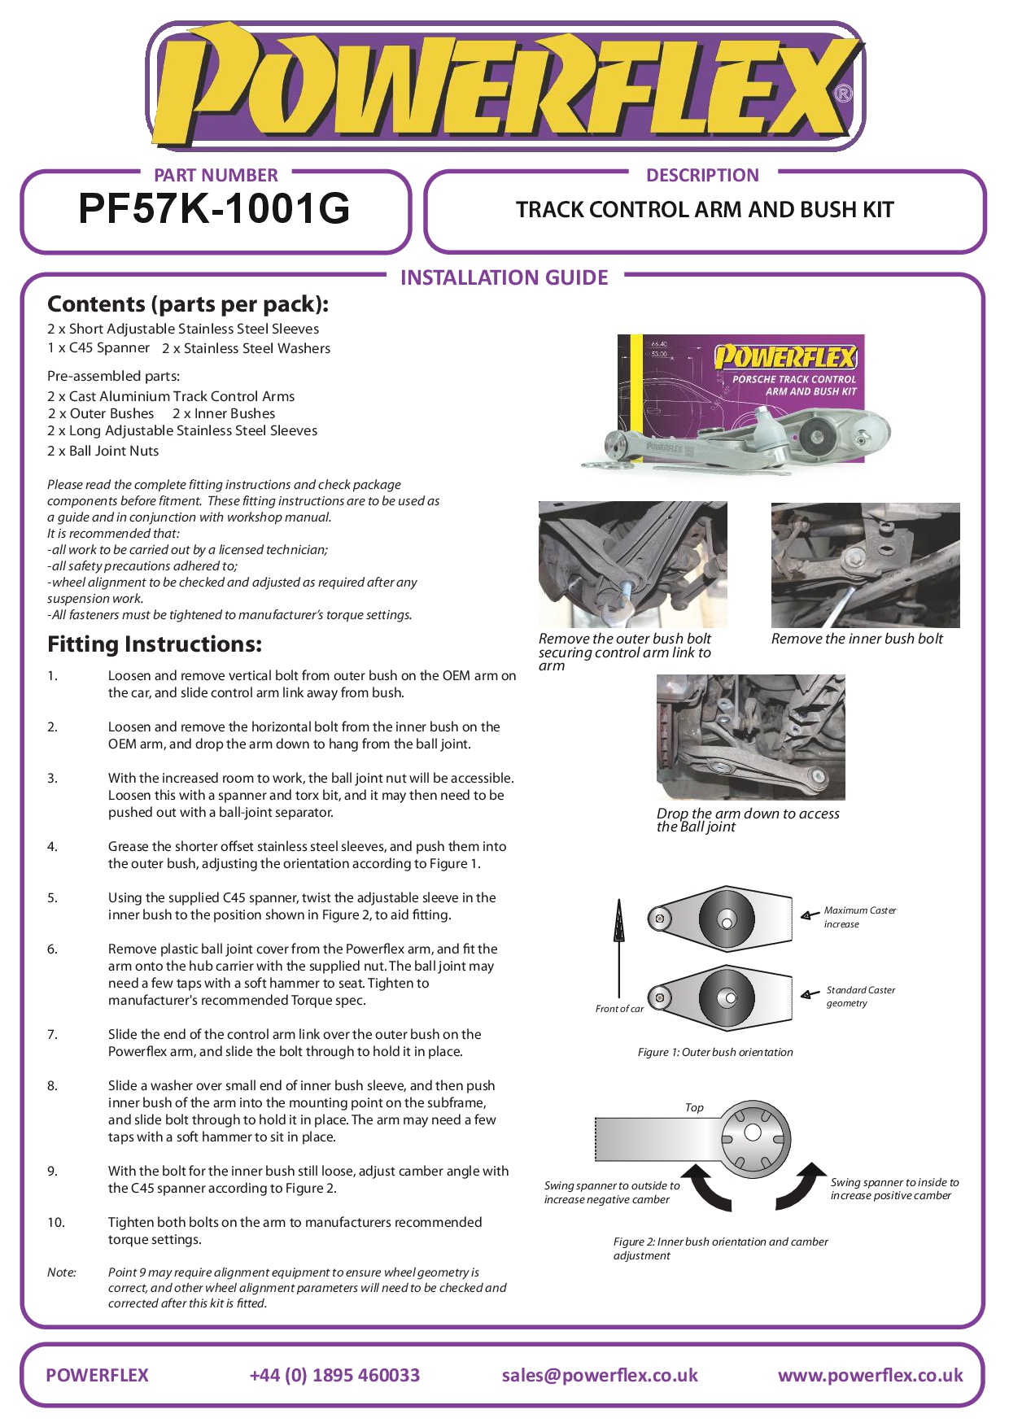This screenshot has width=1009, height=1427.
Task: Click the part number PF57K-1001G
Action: (214, 209)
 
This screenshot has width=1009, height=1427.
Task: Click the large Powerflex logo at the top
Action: (504, 86)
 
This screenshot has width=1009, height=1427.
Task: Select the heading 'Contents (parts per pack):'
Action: (188, 304)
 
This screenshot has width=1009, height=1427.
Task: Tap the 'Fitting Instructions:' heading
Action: (155, 644)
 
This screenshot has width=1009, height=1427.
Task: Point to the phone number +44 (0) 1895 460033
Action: (334, 1375)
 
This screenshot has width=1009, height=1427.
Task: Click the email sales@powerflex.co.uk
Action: (600, 1375)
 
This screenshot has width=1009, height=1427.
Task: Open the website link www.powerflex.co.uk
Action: (870, 1375)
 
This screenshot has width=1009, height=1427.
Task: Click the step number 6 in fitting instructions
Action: (52, 949)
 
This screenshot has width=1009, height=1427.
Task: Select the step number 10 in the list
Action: (55, 1222)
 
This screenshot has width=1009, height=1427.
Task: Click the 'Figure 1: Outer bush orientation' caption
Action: (715, 1052)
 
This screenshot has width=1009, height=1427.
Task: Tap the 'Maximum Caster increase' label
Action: (858, 917)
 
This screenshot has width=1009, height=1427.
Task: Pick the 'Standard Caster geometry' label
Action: (860, 997)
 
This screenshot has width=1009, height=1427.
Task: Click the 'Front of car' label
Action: (619, 1009)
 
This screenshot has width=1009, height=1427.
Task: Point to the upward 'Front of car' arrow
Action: (619, 944)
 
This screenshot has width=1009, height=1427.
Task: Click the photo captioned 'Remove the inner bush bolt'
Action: (865, 565)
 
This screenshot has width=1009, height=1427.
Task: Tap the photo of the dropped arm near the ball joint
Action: (750, 737)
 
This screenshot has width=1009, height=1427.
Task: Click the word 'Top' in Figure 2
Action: (694, 1107)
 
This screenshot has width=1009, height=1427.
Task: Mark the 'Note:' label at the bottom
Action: (62, 1272)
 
